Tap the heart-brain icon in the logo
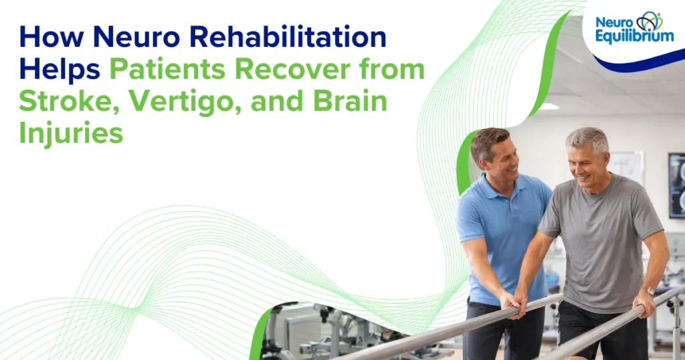pos(648,21)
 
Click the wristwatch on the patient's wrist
pos(648,292)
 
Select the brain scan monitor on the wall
pos(676,185)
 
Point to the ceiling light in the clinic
pos(548,106)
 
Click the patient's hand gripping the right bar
pos(644,304)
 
